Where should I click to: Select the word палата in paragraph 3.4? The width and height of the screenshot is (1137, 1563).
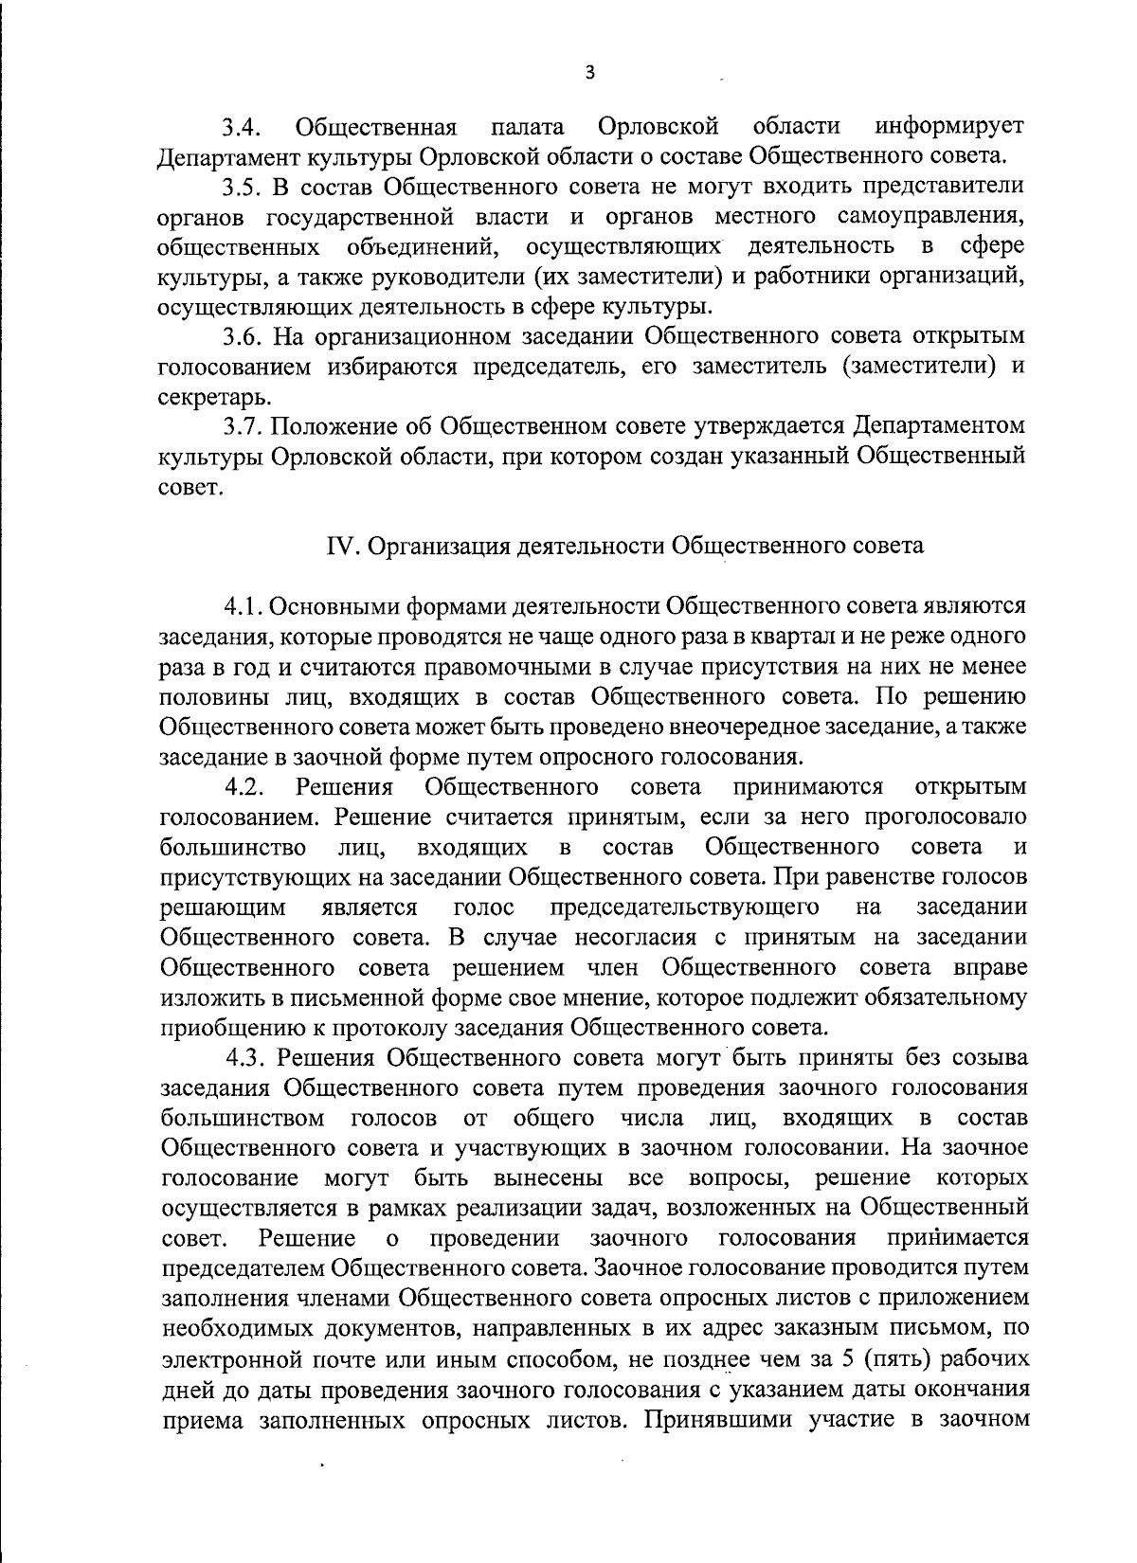pos(528,127)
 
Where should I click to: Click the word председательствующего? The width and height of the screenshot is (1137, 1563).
pos(685,907)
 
